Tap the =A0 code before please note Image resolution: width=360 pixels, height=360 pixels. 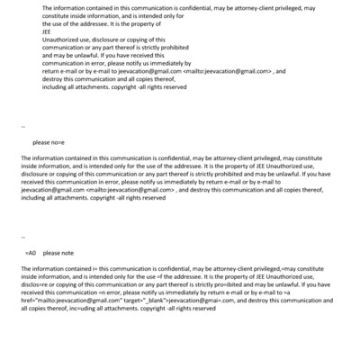click(31, 253)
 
